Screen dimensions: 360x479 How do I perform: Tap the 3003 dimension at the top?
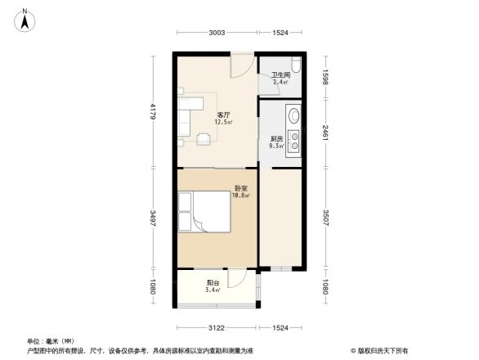[216, 33]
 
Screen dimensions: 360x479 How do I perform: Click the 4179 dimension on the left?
[152, 110]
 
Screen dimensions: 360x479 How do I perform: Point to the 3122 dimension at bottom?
[216, 327]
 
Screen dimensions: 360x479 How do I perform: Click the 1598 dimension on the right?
[326, 80]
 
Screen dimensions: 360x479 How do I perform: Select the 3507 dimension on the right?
[326, 219]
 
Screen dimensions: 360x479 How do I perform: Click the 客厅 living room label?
[222, 115]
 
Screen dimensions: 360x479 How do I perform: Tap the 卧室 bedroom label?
[239, 188]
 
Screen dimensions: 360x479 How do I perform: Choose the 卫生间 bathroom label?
[280, 74]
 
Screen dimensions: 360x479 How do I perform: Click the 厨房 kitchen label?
[276, 139]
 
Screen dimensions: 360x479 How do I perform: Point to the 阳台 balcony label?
[213, 282]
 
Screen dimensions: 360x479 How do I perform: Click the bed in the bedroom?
[206, 212]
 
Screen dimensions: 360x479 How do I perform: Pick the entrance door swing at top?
[242, 65]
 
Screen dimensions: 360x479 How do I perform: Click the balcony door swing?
[239, 278]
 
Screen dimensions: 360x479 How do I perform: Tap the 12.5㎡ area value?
[223, 123]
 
